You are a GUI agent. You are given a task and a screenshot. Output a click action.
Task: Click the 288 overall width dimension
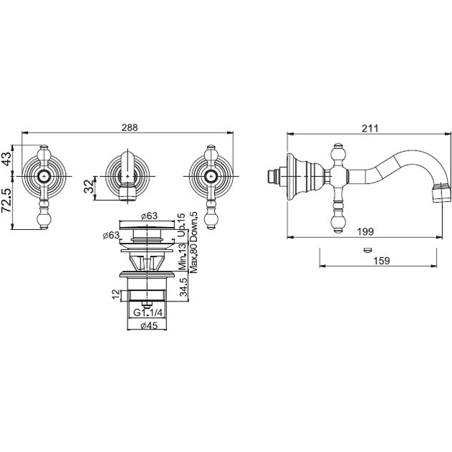(130, 128)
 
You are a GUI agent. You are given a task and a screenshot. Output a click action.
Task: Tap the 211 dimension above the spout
(370, 128)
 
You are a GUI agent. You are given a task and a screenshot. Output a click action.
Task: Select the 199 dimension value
(365, 231)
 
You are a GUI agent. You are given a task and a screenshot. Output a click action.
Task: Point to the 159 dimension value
(381, 260)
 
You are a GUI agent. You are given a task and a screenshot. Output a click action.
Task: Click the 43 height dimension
(6, 158)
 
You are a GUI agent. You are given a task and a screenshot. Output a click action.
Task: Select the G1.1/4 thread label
(148, 312)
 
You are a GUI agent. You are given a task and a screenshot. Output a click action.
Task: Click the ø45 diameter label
(149, 325)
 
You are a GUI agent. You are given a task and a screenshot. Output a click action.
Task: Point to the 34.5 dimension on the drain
(183, 287)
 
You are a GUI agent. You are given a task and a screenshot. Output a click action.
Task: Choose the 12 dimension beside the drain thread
(115, 294)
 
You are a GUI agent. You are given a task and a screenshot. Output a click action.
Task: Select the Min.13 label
(182, 257)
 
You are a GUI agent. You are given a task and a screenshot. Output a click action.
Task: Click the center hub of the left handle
(44, 176)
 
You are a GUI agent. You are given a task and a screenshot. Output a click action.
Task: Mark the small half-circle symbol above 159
(367, 249)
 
